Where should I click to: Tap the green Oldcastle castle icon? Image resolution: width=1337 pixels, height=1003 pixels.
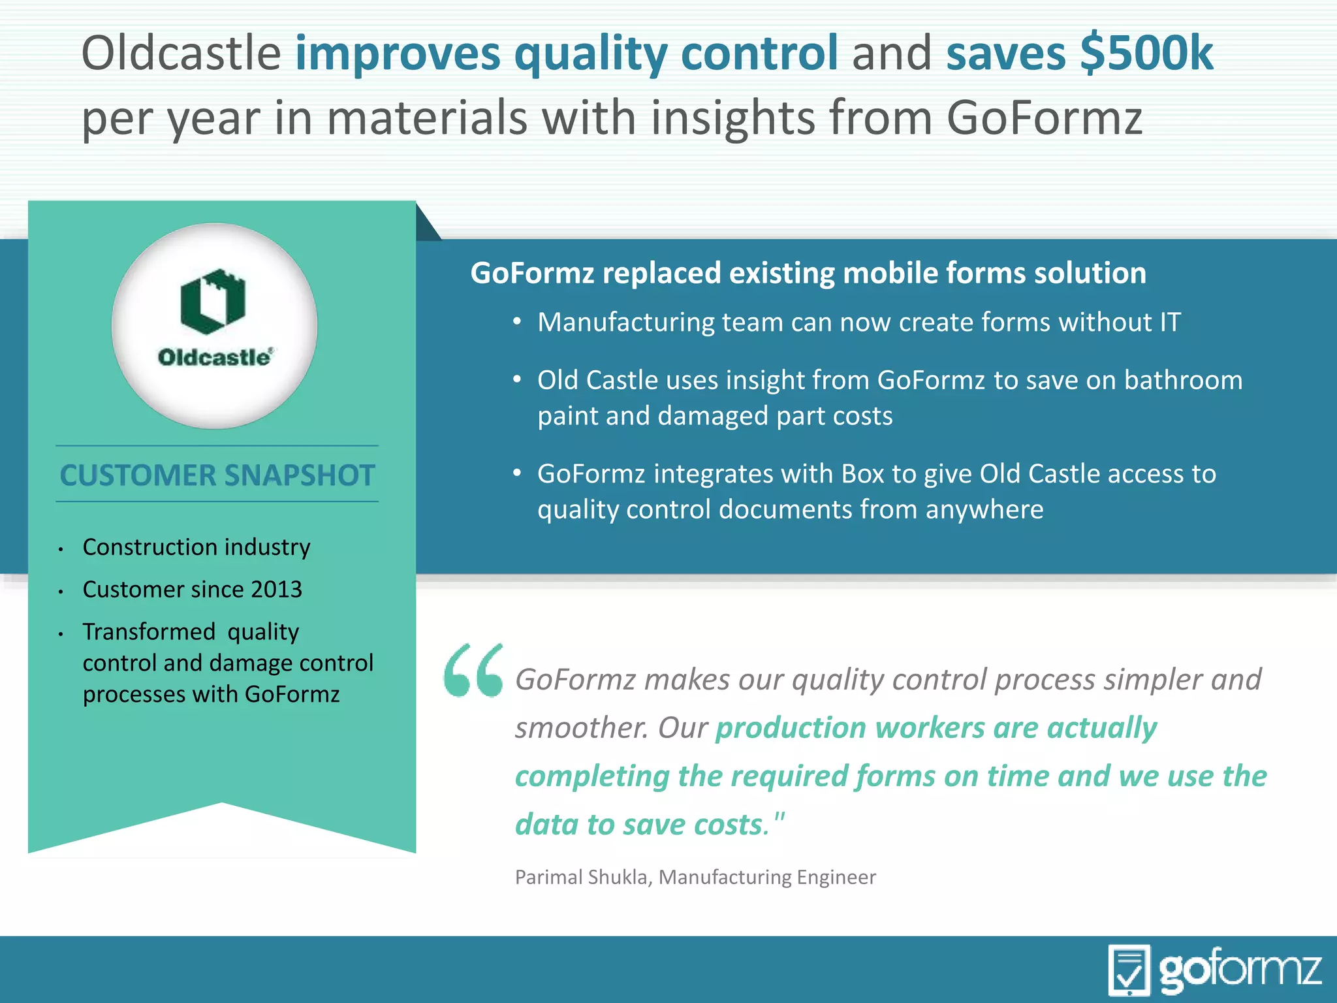[x=213, y=301]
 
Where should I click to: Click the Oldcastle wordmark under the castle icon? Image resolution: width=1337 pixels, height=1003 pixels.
[x=214, y=357]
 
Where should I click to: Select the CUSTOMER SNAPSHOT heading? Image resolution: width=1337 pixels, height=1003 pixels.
[x=217, y=475]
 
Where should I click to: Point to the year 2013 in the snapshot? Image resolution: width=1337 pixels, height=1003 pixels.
[x=276, y=589]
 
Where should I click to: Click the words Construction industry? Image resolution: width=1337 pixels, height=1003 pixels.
[x=197, y=547]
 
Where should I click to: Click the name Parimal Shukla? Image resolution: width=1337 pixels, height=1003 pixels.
[x=583, y=877]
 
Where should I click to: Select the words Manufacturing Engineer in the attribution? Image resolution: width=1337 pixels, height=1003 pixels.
[x=767, y=877]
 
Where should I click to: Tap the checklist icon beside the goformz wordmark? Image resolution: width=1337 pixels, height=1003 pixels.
[x=1129, y=970]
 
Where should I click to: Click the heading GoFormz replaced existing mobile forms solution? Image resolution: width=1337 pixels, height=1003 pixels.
[x=808, y=273]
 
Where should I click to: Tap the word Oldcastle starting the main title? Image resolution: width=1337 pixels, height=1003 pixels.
[x=181, y=53]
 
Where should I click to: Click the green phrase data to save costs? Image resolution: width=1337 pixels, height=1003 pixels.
[x=638, y=824]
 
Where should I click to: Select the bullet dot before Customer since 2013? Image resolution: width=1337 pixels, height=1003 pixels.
[x=60, y=592]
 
